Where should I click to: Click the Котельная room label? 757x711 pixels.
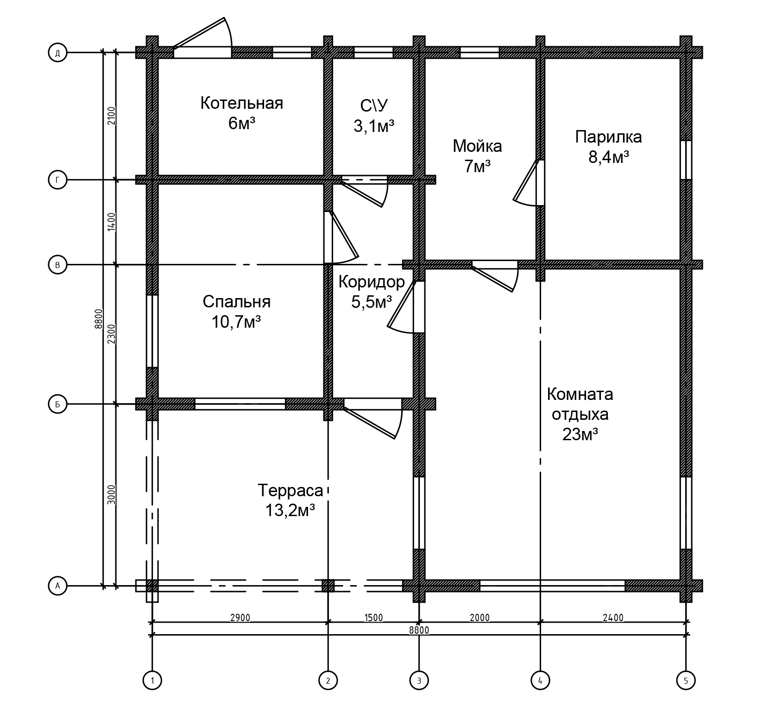pos(241,103)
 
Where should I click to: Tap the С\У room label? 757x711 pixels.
pos(374,106)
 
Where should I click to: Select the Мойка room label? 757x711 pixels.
pos(477,146)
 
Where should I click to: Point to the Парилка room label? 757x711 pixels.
pos(608,137)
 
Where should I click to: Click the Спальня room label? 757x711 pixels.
pos(237,302)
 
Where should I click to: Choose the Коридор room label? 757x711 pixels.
pos(372,281)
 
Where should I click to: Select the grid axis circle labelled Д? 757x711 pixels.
pos(57,53)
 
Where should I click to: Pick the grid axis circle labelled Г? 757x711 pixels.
pos(57,180)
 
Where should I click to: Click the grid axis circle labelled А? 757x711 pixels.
pos(57,586)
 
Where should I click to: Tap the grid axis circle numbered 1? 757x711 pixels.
pos(152,680)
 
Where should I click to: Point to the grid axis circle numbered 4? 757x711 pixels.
pos(540,680)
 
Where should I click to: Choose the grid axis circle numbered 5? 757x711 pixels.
pos(686,680)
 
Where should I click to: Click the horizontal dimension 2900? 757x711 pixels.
pos(240,617)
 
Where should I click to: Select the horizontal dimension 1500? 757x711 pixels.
pos(373,617)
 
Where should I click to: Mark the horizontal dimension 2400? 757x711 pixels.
pos(613,617)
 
